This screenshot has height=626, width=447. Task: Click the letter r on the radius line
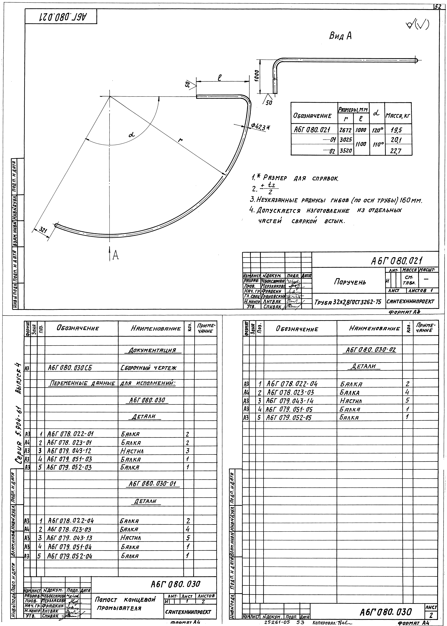(180, 140)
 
